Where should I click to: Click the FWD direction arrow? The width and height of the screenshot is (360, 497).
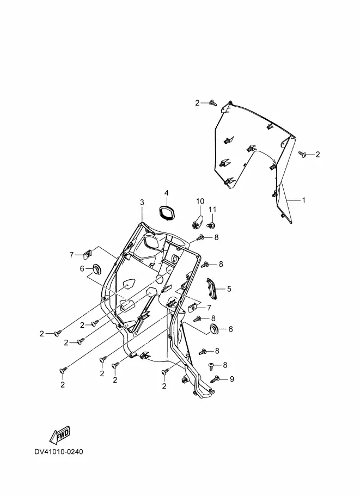pyautogui.click(x=59, y=435)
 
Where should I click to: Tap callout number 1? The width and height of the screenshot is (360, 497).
pyautogui.click(x=303, y=200)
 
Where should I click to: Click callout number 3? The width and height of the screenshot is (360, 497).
pyautogui.click(x=142, y=203)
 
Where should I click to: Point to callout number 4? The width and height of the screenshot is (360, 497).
pyautogui.click(x=166, y=193)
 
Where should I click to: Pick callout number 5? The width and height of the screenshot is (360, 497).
pyautogui.click(x=229, y=289)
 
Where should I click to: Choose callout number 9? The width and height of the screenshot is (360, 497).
pyautogui.click(x=231, y=379)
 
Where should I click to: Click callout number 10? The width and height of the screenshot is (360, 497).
pyautogui.click(x=199, y=201)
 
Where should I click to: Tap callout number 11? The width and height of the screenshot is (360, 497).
pyautogui.click(x=213, y=210)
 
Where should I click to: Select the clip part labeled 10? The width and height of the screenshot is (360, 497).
pyautogui.click(x=198, y=220)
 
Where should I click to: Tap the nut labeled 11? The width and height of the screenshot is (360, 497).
pyautogui.click(x=213, y=223)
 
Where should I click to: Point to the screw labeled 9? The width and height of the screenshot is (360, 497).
pyautogui.click(x=215, y=379)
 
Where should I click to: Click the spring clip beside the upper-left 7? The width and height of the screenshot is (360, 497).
pyautogui.click(x=87, y=254)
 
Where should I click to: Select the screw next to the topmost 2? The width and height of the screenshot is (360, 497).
pyautogui.click(x=213, y=102)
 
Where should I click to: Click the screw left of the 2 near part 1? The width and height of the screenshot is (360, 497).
pyautogui.click(x=302, y=155)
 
